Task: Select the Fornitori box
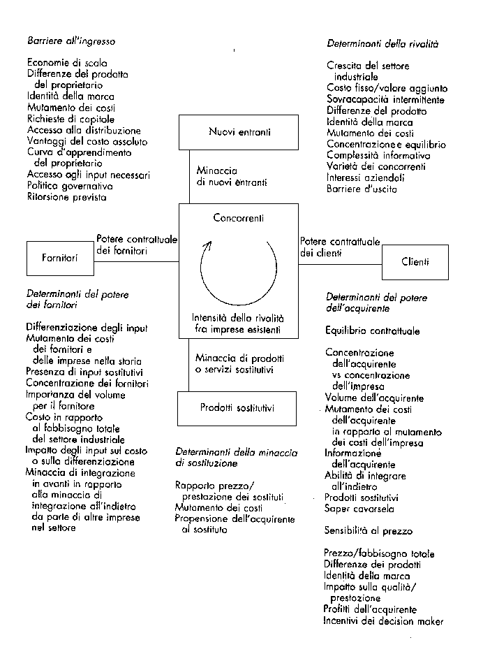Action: [62, 258]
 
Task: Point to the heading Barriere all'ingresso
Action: [71, 41]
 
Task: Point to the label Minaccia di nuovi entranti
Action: [222, 176]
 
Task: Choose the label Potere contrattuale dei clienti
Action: [340, 247]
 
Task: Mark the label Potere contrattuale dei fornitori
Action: [138, 242]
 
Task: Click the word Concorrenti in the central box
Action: [238, 218]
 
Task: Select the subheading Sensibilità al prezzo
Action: [369, 531]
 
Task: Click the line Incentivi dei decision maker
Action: [383, 621]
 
